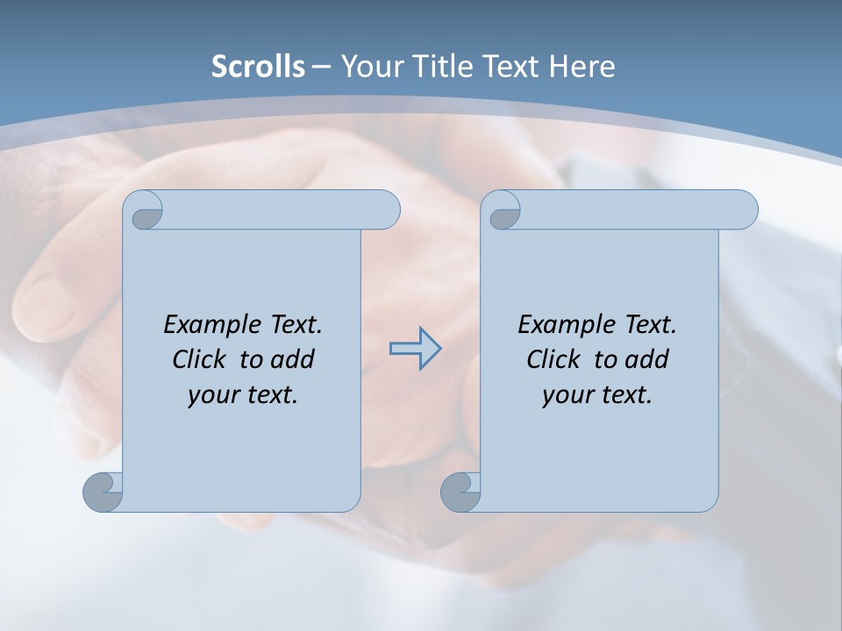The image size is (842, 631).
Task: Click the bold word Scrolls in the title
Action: coord(258,66)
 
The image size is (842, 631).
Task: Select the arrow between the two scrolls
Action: coord(415,349)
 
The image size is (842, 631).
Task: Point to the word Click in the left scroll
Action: coord(202,359)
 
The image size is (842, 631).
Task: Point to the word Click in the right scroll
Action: coord(556,359)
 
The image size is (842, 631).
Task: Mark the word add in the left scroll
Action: coord(292,359)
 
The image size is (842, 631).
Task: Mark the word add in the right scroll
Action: coord(646,359)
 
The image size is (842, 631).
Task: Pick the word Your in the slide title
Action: coord(367,66)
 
